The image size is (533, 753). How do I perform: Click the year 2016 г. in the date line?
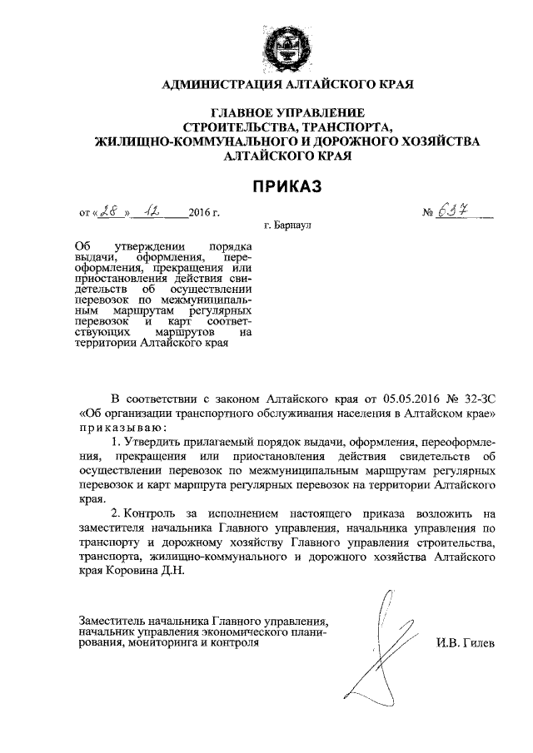pyautogui.click(x=204, y=214)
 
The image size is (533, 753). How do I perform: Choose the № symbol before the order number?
pyautogui.click(x=429, y=214)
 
